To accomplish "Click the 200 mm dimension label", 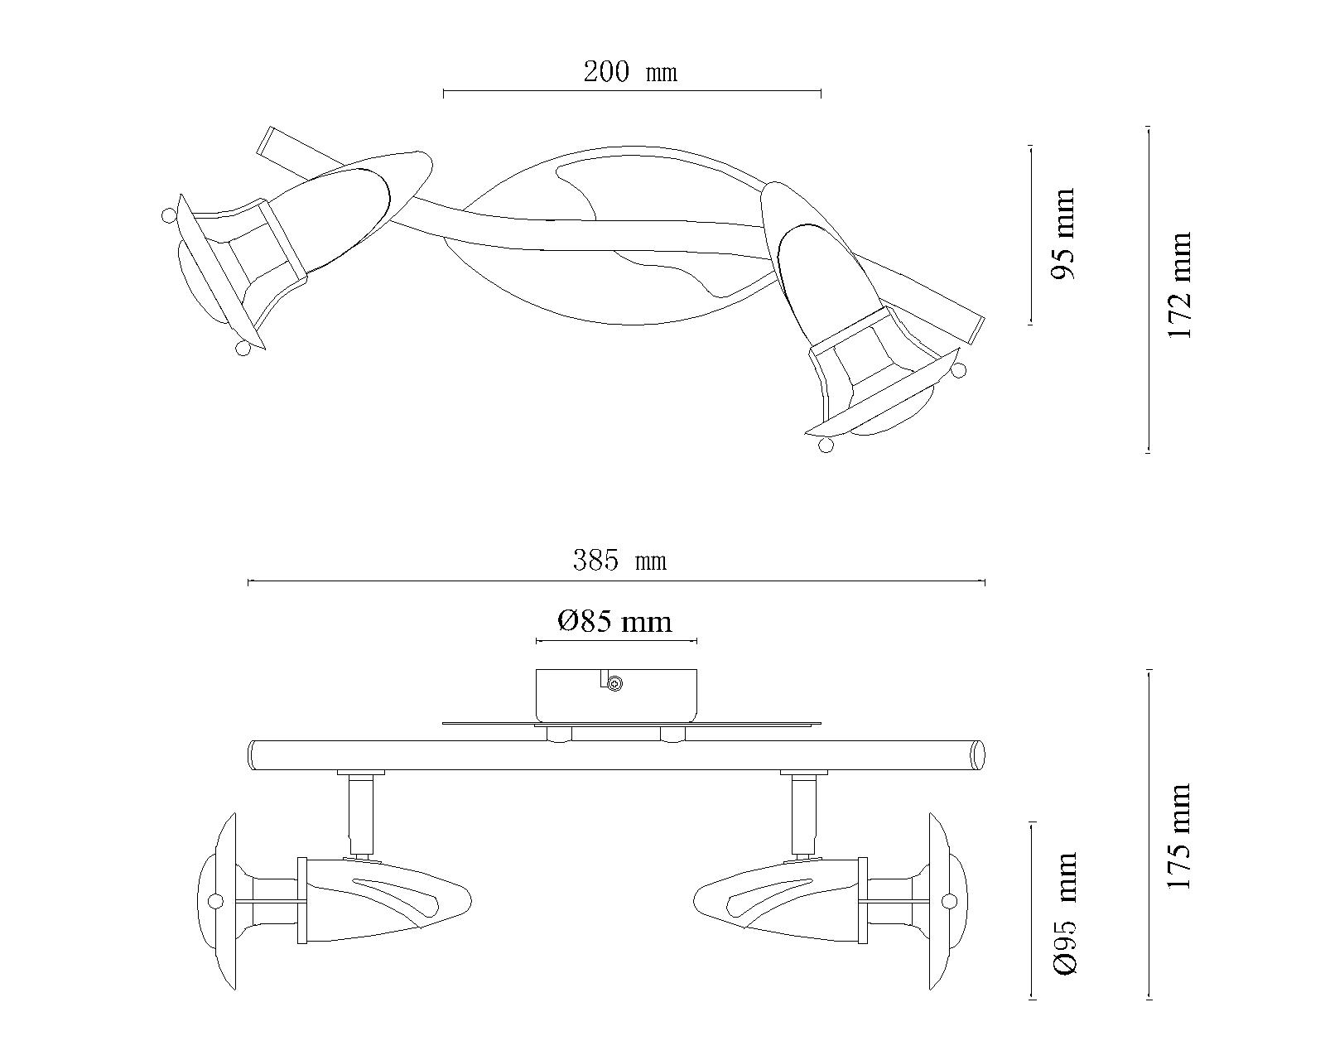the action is tap(630, 72).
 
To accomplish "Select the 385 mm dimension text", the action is tap(619, 561).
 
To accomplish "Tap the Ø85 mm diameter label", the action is tap(614, 621).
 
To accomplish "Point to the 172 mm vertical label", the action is tap(1180, 286).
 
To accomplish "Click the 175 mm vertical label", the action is tap(1180, 836).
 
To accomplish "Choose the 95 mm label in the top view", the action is tap(1063, 234).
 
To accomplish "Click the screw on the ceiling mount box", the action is tap(614, 683).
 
